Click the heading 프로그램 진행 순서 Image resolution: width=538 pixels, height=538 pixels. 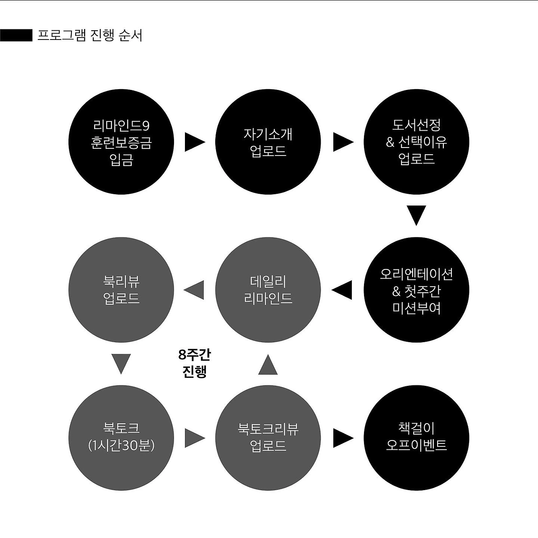tap(90, 35)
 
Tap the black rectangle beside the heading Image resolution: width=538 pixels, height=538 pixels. tap(16, 35)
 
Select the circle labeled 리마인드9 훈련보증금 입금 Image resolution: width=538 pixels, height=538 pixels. tap(121, 142)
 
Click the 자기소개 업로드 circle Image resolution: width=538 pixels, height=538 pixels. tap(268, 142)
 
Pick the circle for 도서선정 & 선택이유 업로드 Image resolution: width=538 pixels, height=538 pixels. tap(416, 142)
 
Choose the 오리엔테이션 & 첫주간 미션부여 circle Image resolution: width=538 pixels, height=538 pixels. tap(416, 290)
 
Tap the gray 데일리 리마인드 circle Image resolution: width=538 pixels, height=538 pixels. tap(268, 290)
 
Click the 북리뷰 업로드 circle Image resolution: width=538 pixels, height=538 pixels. tap(121, 290)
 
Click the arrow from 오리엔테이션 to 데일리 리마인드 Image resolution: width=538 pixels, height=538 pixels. tap(343, 290)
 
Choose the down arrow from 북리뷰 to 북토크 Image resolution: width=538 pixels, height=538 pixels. tap(121, 363)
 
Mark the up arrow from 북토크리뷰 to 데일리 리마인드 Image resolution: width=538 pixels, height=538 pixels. tap(268, 365)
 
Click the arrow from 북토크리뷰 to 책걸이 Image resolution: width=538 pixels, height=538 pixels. tap(342, 438)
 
